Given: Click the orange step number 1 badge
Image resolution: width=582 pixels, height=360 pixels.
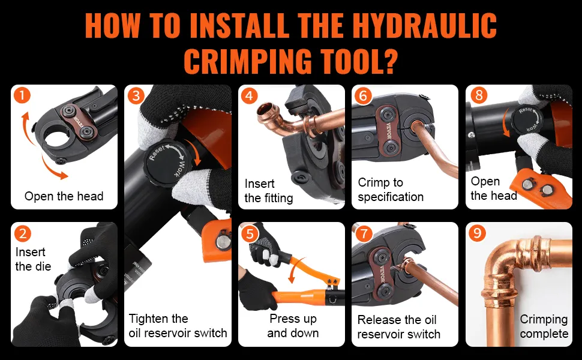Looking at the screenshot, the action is point(22,95).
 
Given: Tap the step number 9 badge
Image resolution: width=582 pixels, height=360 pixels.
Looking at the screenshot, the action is point(477,233).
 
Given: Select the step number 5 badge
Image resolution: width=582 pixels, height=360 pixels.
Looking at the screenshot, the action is point(250,234).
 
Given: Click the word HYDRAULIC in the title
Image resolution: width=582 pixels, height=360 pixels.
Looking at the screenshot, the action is point(424,26).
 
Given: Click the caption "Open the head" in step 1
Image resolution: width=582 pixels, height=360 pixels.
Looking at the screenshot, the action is point(64,196).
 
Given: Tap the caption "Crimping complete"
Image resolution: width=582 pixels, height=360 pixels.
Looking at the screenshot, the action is point(544,326).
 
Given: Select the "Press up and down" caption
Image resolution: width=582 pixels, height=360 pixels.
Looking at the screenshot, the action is point(293,326).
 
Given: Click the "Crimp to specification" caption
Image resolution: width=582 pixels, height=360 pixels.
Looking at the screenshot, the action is point(391,190).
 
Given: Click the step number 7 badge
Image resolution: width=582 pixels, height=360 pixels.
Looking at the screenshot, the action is point(364,233).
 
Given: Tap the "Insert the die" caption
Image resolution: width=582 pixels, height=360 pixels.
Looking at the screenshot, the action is point(33,259).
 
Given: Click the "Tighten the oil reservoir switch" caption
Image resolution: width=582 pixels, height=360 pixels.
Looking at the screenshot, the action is point(178,326).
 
